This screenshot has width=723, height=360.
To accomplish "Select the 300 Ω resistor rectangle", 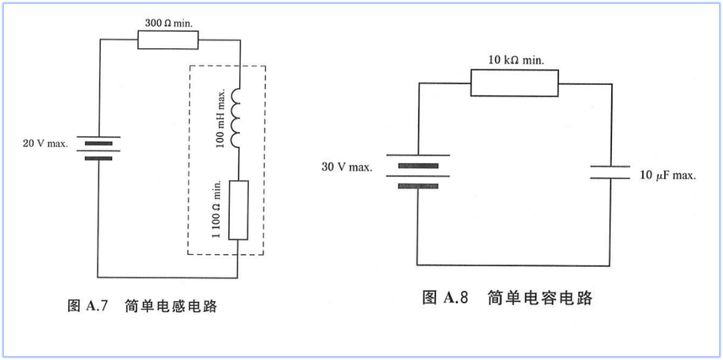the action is click(167, 40).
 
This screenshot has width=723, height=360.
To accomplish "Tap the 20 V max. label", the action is click(45, 143).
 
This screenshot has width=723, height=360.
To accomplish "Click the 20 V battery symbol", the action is click(98, 147).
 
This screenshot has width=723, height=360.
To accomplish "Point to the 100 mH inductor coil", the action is click(236, 118).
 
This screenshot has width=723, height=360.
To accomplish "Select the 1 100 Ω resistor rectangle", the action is click(238, 210).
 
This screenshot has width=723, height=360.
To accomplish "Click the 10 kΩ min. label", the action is click(517, 60).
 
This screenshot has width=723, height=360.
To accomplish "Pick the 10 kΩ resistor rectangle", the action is click(514, 83).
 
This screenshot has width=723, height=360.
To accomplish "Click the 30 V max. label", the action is click(347, 167).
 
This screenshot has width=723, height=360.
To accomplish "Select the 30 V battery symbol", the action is click(417, 172).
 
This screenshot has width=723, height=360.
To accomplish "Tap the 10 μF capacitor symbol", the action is click(610, 172).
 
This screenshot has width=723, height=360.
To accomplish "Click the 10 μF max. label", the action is click(667, 176).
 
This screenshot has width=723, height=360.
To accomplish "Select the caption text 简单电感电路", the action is click(171, 306).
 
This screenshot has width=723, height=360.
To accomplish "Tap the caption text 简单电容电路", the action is click(539, 299).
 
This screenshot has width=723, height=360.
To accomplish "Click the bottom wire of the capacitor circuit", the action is click(513, 266).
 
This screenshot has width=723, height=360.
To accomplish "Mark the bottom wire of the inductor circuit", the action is click(167, 278).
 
